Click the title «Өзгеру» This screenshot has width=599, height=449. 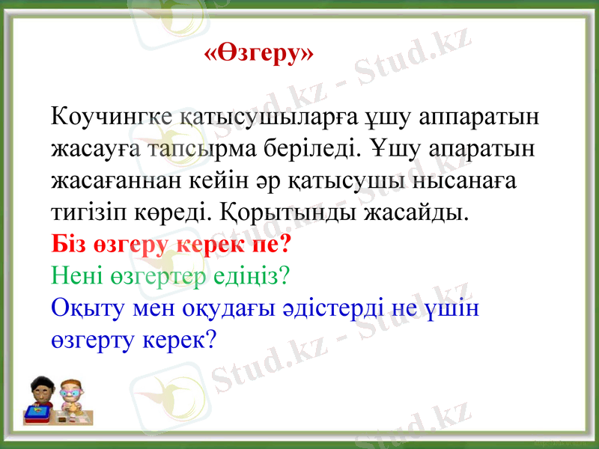click(x=259, y=54)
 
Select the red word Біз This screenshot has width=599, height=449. click(x=66, y=245)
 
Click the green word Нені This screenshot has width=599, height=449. click(x=73, y=276)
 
